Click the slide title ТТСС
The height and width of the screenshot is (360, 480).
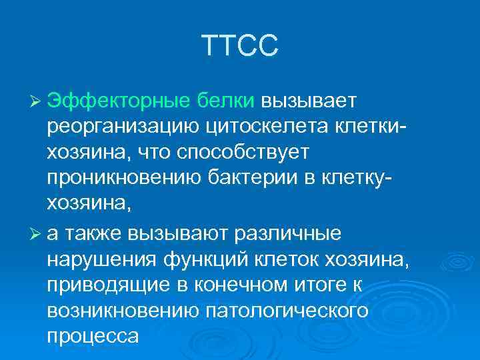pos(240,47)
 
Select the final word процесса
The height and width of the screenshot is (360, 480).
pos(93,337)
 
